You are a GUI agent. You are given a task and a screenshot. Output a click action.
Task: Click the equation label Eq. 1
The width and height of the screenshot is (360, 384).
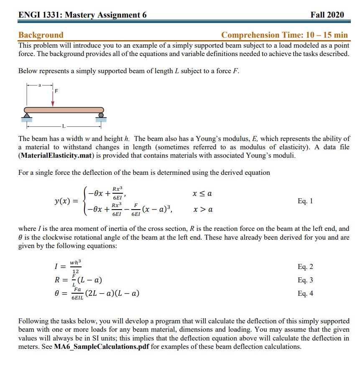coord(305,201)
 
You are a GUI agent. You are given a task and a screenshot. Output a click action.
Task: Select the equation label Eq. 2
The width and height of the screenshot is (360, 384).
coord(305,267)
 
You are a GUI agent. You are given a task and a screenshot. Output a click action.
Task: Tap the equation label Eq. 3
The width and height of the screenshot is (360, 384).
coord(305,280)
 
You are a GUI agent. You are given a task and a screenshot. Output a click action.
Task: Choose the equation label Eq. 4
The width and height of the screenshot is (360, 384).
coord(305,294)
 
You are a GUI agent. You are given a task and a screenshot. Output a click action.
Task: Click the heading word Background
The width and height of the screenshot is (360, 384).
coord(41,35)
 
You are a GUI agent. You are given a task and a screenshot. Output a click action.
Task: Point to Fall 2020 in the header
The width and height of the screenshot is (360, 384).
coord(327,15)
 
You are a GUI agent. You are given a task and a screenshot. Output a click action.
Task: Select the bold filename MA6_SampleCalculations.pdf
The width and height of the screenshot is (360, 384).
coord(102,347)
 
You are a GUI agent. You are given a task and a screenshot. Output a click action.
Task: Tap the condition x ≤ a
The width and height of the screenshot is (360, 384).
coord(202,194)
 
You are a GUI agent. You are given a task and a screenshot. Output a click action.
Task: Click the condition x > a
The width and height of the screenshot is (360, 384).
coord(202,209)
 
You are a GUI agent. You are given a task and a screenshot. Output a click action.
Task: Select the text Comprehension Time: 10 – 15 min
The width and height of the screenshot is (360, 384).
coord(284,35)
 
